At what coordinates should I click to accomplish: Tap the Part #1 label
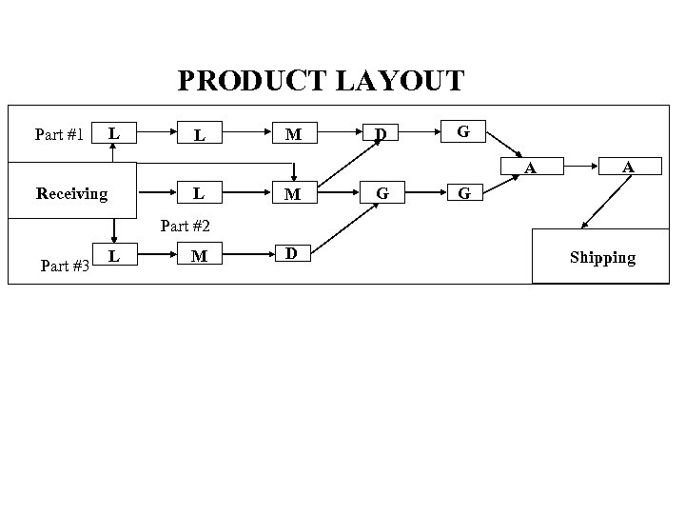pyautogui.click(x=58, y=134)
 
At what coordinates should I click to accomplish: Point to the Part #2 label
pyautogui.click(x=185, y=226)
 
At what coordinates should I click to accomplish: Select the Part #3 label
pyautogui.click(x=66, y=266)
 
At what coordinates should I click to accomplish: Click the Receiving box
pyautogui.click(x=72, y=194)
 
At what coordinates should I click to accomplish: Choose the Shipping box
pyautogui.click(x=601, y=257)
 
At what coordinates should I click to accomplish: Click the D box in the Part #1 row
pyautogui.click(x=381, y=133)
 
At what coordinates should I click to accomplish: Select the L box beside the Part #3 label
pyautogui.click(x=114, y=255)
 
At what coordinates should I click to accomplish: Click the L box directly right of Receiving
pyautogui.click(x=199, y=193)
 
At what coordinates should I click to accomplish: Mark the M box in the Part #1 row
pyautogui.click(x=295, y=134)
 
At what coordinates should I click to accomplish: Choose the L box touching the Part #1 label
pyautogui.click(x=114, y=133)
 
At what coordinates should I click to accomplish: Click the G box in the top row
pyautogui.click(x=462, y=131)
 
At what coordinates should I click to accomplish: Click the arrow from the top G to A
pyautogui.click(x=503, y=142)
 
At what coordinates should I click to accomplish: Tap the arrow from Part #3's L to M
pyautogui.click(x=149, y=255)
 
